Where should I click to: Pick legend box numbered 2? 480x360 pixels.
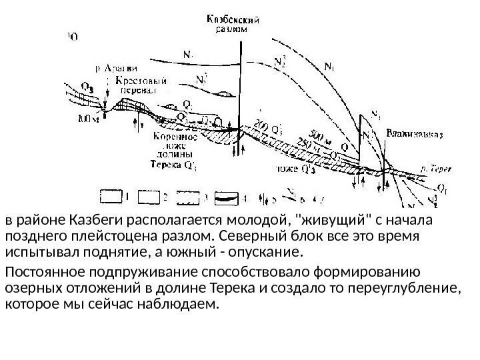click(x=151, y=197)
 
